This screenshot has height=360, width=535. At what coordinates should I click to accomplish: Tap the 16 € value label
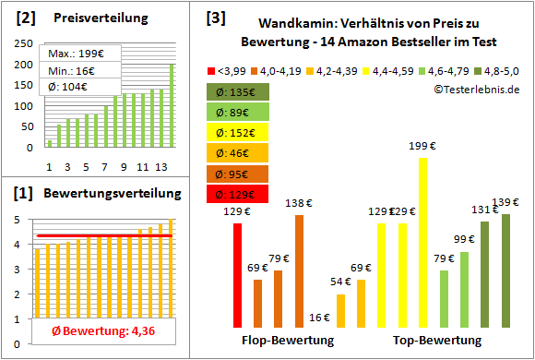coord(319,318)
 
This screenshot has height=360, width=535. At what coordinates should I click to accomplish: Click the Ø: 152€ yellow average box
coord(238,133)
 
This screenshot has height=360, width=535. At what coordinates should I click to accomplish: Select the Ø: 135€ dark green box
coord(238,92)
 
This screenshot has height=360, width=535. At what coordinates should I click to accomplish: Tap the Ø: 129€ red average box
coord(238,194)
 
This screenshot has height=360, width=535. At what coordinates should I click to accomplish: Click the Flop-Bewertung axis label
coord(288,341)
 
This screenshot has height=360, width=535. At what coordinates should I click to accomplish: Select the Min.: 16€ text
coord(72,70)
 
